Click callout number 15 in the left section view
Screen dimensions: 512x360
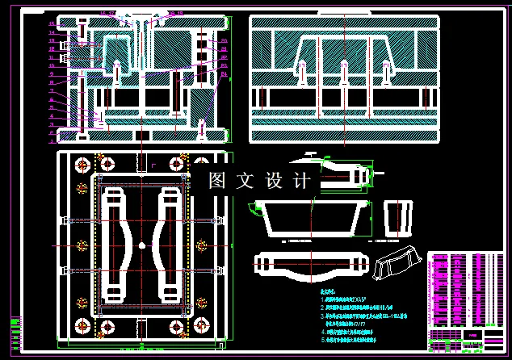click(x=52, y=23)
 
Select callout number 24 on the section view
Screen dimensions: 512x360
click(x=224, y=76)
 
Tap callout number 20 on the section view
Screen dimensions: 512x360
click(x=224, y=40)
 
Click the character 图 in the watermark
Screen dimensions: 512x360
click(x=217, y=181)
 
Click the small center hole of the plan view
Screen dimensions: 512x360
click(x=141, y=245)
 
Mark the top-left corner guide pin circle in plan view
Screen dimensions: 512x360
click(x=82, y=165)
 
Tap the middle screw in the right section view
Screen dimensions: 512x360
click(x=344, y=74)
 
